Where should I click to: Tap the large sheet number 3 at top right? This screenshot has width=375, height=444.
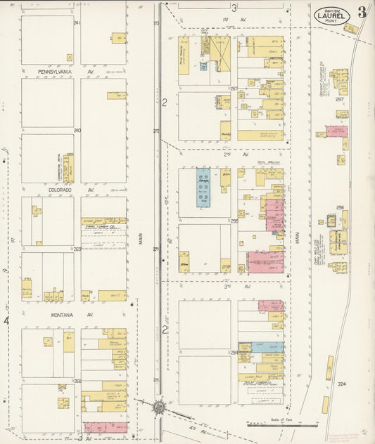361,12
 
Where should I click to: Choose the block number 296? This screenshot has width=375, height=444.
340,208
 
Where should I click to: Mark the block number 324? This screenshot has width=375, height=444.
342,384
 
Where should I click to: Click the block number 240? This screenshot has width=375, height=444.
77,130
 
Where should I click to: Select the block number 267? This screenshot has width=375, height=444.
234,89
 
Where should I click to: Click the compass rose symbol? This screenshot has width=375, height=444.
160,406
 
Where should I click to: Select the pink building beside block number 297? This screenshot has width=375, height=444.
336,131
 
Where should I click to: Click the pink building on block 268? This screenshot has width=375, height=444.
106,426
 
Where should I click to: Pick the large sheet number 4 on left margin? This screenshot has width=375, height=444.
7,321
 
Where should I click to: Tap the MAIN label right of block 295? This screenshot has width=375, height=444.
298,238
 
